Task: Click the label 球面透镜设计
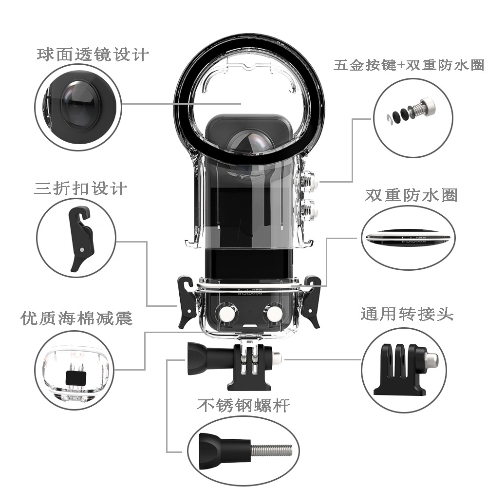pyautogui.click(x=92, y=54)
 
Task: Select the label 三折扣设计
pyautogui.click(x=81, y=188)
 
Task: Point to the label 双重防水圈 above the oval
pyautogui.click(x=411, y=196)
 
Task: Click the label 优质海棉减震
pyautogui.click(x=76, y=318)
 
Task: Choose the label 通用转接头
pyautogui.click(x=407, y=314)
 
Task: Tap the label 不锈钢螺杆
pyautogui.click(x=243, y=405)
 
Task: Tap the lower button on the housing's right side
pyautogui.click(x=311, y=209)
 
